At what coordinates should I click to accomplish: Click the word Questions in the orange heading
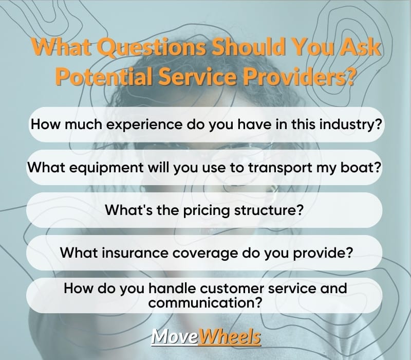152,47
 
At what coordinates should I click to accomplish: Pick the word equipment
106,168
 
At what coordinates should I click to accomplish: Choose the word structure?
269,210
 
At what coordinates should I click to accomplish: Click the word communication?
205,303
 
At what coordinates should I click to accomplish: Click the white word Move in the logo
175,336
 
